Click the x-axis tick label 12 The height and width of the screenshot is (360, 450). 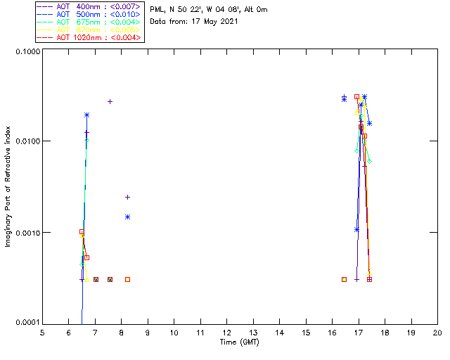coord(226,332)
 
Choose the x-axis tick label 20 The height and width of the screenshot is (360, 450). coord(437,332)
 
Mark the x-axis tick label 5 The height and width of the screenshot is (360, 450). coord(42,332)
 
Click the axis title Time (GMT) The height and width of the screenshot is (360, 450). coord(240,342)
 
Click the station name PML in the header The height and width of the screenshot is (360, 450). coord(157,10)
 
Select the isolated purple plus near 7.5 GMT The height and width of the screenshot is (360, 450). coord(110,101)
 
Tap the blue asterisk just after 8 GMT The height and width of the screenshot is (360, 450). coord(127,217)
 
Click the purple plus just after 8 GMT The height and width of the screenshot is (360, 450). coord(127,197)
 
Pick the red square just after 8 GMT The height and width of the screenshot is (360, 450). coord(127,279)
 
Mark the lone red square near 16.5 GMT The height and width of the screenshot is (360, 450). coord(344,279)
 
